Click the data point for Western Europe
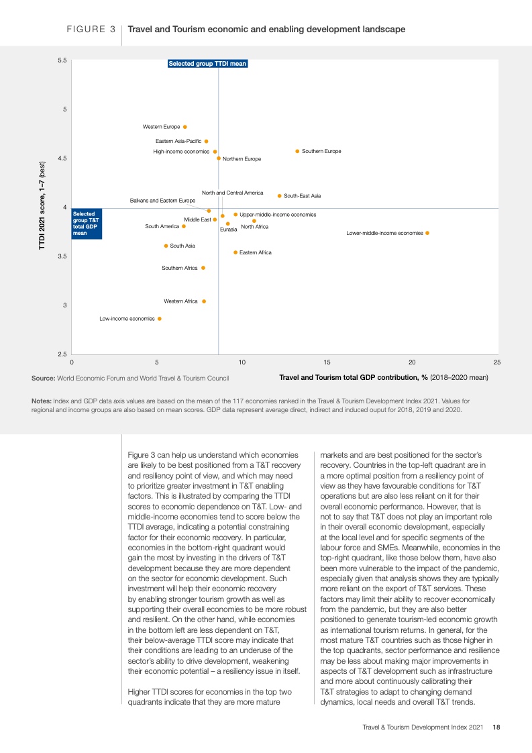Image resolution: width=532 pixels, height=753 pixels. click(185, 127)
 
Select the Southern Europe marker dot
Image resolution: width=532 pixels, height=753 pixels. click(297, 152)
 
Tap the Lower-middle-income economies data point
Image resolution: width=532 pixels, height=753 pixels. click(427, 233)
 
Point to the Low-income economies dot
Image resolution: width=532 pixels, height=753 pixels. click(159, 319)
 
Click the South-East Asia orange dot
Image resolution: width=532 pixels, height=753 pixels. click(280, 196)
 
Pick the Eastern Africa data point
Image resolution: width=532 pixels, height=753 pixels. click(235, 252)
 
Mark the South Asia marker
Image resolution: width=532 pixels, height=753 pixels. click(166, 246)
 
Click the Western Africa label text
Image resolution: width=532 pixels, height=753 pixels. click(180, 301)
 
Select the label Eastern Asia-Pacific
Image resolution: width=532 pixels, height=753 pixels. click(178, 141)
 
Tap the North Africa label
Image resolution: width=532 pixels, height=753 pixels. click(254, 227)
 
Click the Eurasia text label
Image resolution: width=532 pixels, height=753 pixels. click(228, 230)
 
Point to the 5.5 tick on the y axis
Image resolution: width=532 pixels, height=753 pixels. click(62, 60)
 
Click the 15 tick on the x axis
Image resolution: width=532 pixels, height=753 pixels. click(327, 362)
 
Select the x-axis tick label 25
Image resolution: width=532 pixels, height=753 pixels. click(497, 362)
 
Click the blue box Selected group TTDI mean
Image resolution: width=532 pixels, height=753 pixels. click(207, 64)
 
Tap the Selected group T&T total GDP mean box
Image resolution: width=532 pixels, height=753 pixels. click(87, 223)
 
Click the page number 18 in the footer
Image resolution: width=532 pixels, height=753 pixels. click(496, 726)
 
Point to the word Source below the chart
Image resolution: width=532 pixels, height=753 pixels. click(43, 378)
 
